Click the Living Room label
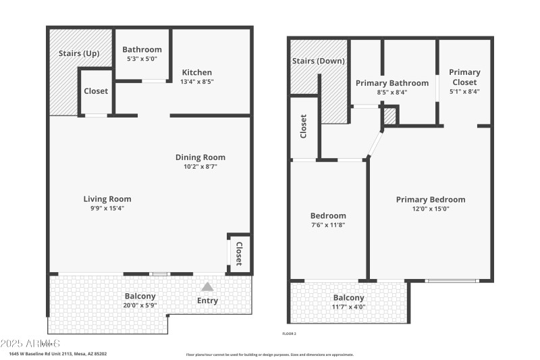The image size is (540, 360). (107, 199)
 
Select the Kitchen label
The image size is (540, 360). (196, 72)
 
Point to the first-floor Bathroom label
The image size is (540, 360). (142, 49)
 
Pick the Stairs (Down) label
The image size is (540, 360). (319, 61)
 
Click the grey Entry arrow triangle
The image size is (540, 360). (208, 287)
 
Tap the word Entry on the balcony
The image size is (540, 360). (207, 301)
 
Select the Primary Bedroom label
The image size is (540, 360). (431, 199)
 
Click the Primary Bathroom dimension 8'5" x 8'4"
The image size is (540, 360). (391, 93)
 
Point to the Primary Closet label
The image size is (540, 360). (464, 77)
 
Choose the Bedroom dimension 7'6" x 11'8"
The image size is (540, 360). (329, 225)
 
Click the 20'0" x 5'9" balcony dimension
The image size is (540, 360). (140, 305)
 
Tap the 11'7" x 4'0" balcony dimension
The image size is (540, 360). (348, 307)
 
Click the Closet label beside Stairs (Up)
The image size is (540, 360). (96, 91)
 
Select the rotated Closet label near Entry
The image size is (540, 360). (238, 254)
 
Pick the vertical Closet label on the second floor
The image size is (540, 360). (304, 126)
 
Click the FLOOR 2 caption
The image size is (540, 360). (289, 334)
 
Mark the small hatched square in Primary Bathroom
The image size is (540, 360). (389, 117)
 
